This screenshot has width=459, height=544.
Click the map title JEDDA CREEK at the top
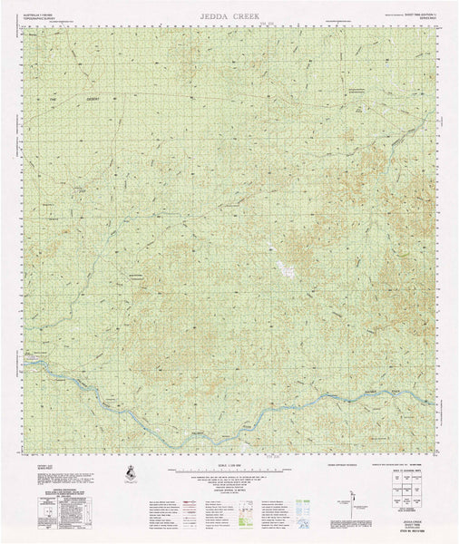[x=229, y=15]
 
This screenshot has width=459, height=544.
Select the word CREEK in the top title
[x=247, y=15]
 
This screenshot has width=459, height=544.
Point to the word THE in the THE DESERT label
[x=52, y=99]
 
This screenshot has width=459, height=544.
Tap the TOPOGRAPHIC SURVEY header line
[x=40, y=15]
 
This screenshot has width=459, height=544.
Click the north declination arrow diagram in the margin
[x=346, y=503]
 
